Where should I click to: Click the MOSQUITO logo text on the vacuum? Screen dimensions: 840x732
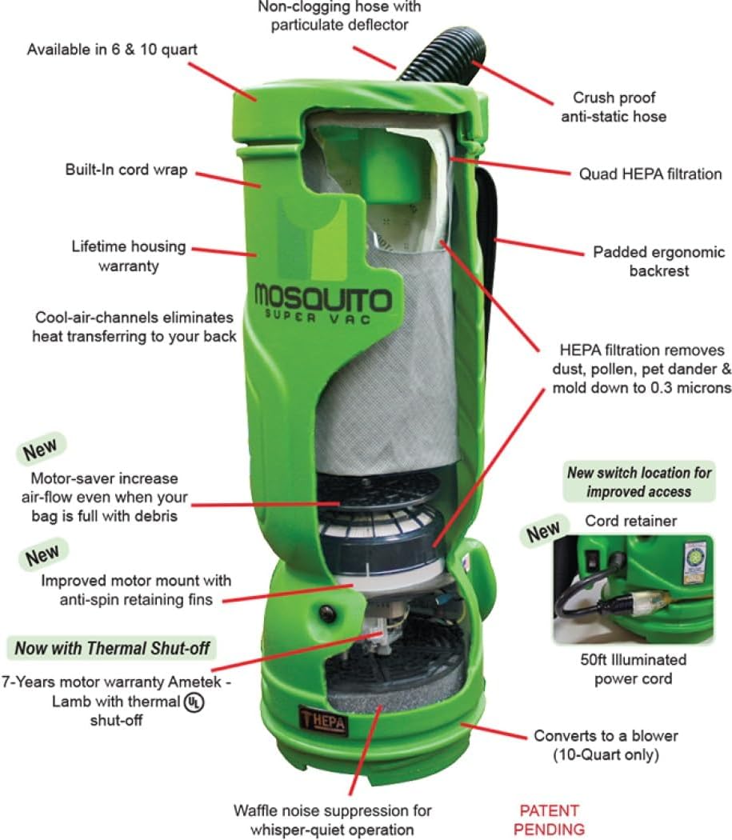(323, 297)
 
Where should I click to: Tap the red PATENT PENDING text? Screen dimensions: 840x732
(549, 819)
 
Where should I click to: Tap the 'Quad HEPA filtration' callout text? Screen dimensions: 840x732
(650, 174)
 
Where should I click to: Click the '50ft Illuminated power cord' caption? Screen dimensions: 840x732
(633, 670)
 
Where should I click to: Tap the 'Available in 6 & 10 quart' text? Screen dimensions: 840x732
(112, 50)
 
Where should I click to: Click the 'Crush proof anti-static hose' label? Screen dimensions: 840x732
(619, 107)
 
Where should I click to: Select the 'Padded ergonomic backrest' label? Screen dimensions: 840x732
(658, 262)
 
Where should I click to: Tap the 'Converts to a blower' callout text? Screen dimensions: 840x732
(606, 744)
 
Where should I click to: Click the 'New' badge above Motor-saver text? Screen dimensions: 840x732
(39, 450)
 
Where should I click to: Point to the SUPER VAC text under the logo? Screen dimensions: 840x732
(322, 318)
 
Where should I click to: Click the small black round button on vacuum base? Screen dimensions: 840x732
(326, 614)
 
